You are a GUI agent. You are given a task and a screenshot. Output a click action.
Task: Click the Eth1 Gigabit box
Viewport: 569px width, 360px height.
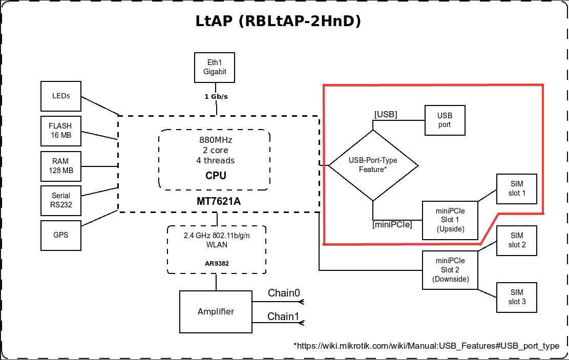[x=215, y=67]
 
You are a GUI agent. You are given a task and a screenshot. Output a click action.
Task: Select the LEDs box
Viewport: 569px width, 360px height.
[x=61, y=96]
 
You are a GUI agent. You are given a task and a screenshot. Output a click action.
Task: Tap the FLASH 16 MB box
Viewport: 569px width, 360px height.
[x=60, y=131]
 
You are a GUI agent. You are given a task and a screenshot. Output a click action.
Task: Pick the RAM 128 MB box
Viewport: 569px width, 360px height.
[x=60, y=166]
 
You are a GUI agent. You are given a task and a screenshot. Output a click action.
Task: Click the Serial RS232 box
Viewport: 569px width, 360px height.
[x=60, y=201]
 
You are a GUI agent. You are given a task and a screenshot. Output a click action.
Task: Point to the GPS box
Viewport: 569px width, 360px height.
[x=60, y=236]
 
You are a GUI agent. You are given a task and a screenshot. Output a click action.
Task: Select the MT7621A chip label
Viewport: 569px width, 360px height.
[x=219, y=202]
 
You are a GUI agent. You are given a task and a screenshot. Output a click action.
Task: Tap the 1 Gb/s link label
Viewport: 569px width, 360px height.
[x=216, y=96]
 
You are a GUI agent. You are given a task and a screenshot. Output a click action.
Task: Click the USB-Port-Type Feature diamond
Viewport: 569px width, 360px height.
[x=373, y=165]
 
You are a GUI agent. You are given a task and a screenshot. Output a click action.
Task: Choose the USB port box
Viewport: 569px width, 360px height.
[x=445, y=120]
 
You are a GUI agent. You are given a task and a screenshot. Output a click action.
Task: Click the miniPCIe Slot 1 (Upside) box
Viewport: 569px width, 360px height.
[x=450, y=220]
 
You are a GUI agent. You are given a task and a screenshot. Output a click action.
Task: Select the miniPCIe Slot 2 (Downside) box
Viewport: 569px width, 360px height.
[x=450, y=270]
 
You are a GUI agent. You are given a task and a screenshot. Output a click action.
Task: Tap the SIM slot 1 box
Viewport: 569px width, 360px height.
[x=517, y=189]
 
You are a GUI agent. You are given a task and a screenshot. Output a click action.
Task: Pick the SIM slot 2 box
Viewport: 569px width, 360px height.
[x=517, y=240]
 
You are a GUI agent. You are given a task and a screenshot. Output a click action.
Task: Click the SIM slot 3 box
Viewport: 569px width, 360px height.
[x=517, y=297]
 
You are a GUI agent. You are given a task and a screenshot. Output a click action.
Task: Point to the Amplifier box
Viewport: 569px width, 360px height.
[x=216, y=311]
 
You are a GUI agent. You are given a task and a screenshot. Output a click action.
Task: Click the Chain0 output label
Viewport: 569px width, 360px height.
[x=284, y=293]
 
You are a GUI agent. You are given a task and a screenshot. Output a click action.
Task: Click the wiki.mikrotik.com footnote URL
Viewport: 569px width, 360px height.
[x=426, y=346]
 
